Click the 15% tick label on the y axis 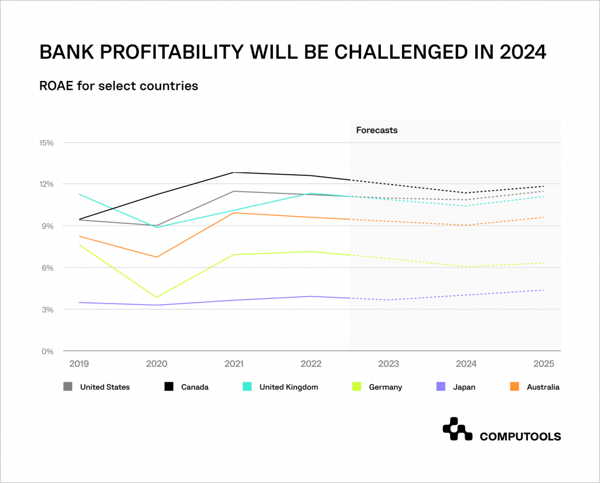(x=46, y=142)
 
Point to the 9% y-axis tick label (x=47, y=226)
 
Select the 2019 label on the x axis (x=79, y=364)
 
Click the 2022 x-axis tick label (x=311, y=364)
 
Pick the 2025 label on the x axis (x=543, y=364)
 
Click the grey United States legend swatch (x=68, y=387)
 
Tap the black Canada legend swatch (x=169, y=387)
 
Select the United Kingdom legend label (x=288, y=387)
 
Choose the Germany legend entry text (x=386, y=387)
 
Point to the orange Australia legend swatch (x=514, y=387)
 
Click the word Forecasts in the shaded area (x=377, y=130)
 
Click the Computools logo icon (x=457, y=429)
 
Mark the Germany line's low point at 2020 (x=156, y=297)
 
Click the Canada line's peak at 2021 (x=234, y=172)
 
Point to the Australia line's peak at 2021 (x=234, y=213)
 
